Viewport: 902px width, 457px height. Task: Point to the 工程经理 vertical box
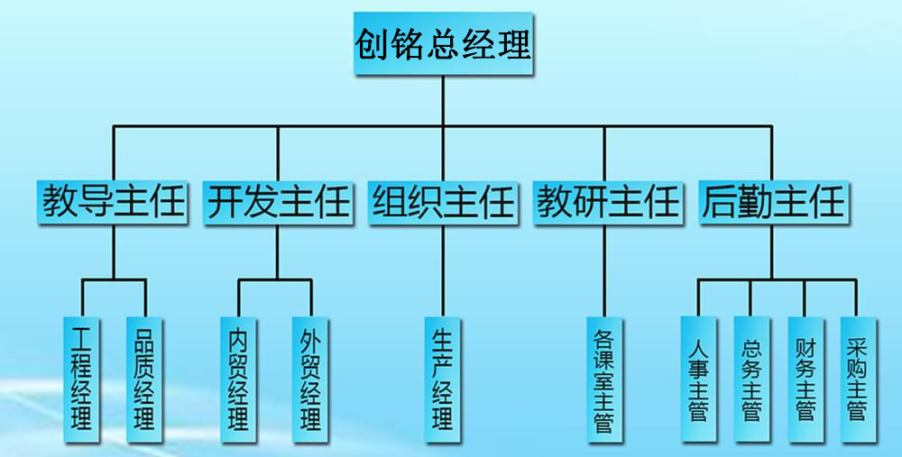pyautogui.click(x=82, y=378)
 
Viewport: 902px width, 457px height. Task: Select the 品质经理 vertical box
pyautogui.click(x=143, y=378)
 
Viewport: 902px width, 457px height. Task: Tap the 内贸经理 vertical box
pyautogui.click(x=239, y=378)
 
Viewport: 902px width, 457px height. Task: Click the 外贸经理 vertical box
pyautogui.click(x=310, y=378)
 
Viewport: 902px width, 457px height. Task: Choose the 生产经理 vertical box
pyautogui.click(x=442, y=378)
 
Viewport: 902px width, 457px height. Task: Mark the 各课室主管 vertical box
pyautogui.click(x=603, y=378)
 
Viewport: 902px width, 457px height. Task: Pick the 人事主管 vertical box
pyautogui.click(x=698, y=378)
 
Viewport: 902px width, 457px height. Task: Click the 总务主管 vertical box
pyautogui.click(x=751, y=378)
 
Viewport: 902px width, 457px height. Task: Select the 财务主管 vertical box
pyautogui.click(x=805, y=378)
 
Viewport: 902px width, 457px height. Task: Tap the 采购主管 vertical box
pyautogui.click(x=857, y=378)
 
